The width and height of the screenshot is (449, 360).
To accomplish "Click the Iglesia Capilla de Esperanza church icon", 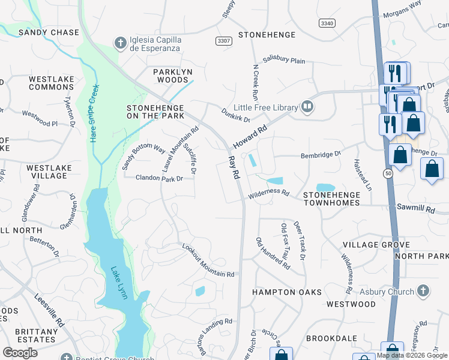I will click(x=120, y=43).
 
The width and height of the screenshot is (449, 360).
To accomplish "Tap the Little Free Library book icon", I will click(x=307, y=107).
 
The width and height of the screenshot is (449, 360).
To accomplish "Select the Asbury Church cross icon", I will click(x=423, y=292).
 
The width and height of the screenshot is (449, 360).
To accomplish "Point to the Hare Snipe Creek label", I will click(x=94, y=112).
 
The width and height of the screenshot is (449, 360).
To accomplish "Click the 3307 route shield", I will click(x=223, y=40).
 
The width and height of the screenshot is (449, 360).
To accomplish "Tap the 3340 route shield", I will click(x=327, y=22).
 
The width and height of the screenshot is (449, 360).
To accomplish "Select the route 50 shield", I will click(x=389, y=173).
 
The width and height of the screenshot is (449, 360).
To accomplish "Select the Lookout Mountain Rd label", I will click(x=208, y=261).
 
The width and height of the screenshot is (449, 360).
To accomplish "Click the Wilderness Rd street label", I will click(x=268, y=194).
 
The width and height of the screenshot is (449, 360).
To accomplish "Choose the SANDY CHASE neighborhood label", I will click(x=49, y=32).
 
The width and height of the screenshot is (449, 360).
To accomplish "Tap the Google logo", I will click(x=20, y=353).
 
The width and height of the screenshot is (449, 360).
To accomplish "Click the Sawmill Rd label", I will click(x=415, y=208).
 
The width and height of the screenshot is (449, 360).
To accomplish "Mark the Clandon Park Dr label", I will click(x=159, y=178).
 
